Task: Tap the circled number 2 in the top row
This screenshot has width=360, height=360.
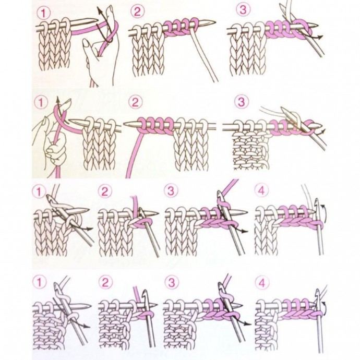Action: coord(137,11)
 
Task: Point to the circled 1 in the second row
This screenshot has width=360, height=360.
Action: coord(41,103)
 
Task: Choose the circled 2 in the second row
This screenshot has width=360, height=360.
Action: coord(136,102)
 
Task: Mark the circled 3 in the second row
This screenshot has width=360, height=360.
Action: coord(241,102)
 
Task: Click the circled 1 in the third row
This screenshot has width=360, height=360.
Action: coord(39,191)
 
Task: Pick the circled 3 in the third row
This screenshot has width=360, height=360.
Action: coord(171,191)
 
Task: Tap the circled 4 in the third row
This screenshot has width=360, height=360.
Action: coord(261,190)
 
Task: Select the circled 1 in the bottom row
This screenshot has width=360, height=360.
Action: coord(39,282)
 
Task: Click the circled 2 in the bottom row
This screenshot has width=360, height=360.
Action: coord(105,282)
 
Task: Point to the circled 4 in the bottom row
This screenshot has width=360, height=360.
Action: coord(262,283)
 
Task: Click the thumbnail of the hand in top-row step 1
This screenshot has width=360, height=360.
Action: coord(86,43)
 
